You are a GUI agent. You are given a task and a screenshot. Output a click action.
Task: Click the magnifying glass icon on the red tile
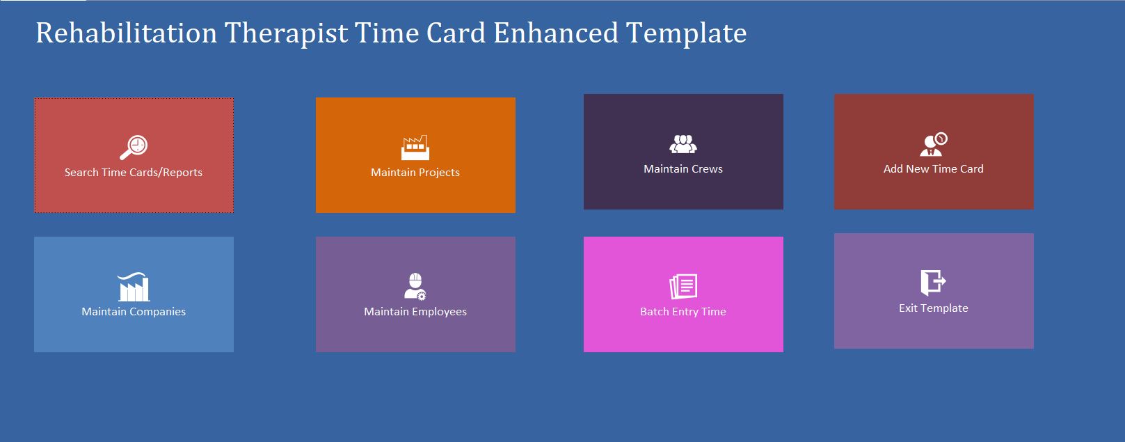click(x=134, y=147)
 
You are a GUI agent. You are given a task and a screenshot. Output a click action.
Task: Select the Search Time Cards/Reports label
click(x=134, y=173)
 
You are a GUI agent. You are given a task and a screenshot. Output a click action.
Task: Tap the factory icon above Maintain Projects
click(x=415, y=148)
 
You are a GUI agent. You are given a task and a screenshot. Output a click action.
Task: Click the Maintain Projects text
click(x=415, y=173)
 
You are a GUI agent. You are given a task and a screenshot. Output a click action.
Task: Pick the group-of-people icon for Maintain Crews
click(x=683, y=144)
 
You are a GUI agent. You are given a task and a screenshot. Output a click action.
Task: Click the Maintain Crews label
click(x=683, y=169)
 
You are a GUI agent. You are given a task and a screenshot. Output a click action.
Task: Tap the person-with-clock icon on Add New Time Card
click(x=933, y=144)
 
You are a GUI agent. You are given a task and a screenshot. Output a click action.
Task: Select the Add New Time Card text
click(x=933, y=169)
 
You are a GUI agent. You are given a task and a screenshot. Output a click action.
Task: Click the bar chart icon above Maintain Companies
click(x=134, y=287)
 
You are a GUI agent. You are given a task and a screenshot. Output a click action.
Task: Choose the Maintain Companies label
click(x=134, y=312)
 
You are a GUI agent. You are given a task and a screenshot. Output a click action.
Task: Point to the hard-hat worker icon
click(x=415, y=286)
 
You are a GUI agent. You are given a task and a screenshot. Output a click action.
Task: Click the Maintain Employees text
click(x=415, y=312)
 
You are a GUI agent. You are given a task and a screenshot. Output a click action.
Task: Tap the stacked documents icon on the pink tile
click(x=683, y=286)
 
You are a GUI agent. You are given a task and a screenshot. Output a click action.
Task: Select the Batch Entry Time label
click(x=683, y=312)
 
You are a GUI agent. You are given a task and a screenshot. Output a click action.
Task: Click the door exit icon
click(x=933, y=283)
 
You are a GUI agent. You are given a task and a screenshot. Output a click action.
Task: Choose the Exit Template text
click(x=933, y=308)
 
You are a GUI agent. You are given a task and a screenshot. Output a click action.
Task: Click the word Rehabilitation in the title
click(x=126, y=33)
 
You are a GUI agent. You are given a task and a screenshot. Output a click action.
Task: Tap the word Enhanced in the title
click(x=555, y=33)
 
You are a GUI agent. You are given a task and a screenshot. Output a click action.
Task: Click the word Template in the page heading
click(x=686, y=33)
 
